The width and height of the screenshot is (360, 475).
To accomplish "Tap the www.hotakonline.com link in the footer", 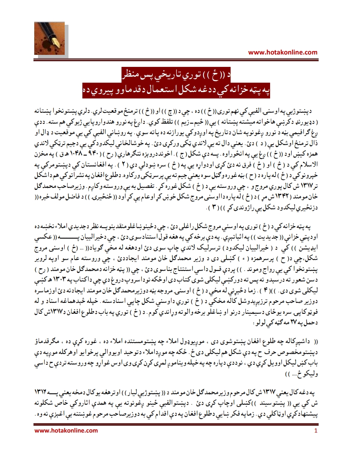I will [x=66, y=431].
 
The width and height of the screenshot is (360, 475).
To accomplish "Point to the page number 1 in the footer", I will [x=316, y=431].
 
